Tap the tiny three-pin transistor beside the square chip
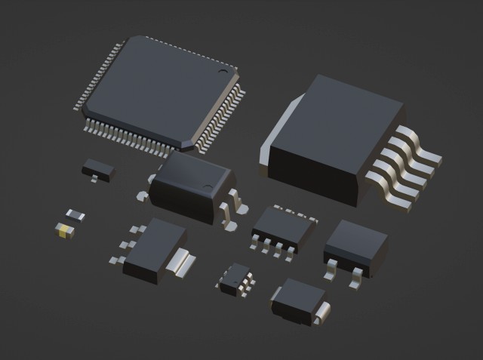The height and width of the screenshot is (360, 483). [99, 169]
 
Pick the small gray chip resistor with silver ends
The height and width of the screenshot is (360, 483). [75, 215]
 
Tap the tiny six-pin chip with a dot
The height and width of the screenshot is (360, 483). [236, 278]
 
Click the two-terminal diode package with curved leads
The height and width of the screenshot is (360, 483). [300, 299]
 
